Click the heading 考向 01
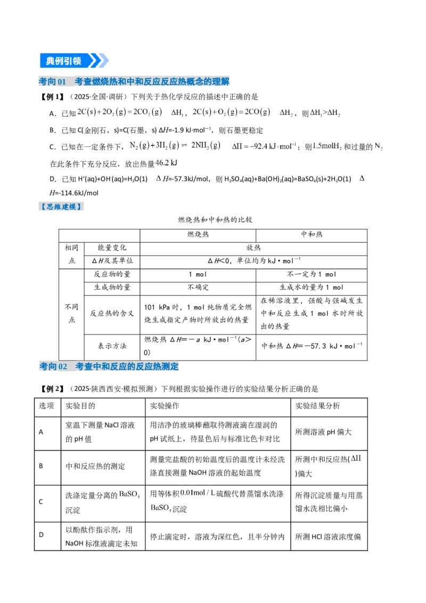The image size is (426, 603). (x=52, y=82)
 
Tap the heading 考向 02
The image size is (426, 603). (x=53, y=366)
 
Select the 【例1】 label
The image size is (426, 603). (x=52, y=97)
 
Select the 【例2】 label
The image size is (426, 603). (x=52, y=389)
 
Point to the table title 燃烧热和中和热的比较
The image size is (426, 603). (x=215, y=219)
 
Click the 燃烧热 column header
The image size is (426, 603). (x=198, y=234)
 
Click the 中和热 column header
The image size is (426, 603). (x=312, y=234)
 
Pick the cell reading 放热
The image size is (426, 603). (x=253, y=248)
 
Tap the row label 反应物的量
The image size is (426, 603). (x=112, y=274)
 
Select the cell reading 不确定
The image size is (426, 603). (x=198, y=287)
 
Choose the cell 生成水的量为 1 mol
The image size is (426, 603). (x=312, y=287)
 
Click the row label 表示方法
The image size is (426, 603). (x=112, y=346)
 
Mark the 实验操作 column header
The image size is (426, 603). (x=165, y=406)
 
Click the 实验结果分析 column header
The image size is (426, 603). (x=317, y=406)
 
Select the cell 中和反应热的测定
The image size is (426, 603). (x=95, y=467)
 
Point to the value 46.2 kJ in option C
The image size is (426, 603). (x=167, y=163)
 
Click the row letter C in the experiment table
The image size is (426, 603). (x=41, y=501)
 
